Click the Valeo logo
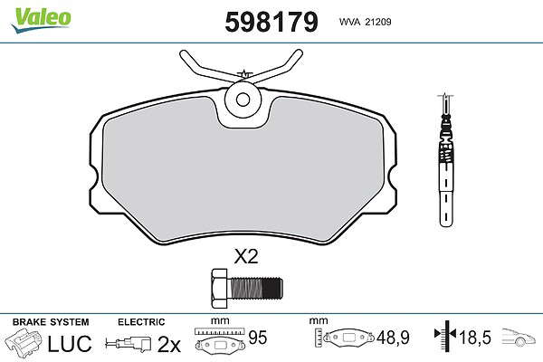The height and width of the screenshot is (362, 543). (x=41, y=20)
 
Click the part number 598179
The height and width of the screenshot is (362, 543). (x=271, y=22)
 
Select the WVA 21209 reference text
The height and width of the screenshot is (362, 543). (x=365, y=22)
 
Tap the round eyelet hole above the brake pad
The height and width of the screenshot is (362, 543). (x=243, y=100)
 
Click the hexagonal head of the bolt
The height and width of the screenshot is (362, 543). (x=220, y=288)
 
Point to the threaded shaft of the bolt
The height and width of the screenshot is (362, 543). (x=255, y=288)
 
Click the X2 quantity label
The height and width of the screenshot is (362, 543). (x=246, y=257)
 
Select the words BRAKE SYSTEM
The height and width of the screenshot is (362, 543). (x=51, y=322)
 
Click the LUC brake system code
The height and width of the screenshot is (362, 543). (x=70, y=343)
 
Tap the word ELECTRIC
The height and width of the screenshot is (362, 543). (x=141, y=322)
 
